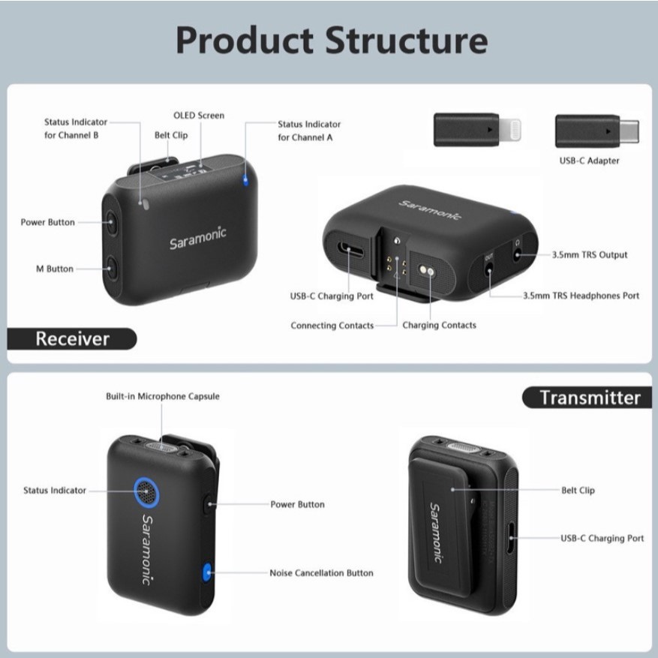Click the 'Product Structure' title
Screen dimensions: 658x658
(332, 41)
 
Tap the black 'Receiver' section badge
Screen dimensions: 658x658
(72, 338)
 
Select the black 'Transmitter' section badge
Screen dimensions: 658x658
(587, 398)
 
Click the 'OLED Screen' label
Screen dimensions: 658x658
(199, 116)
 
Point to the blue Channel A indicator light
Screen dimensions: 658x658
(245, 181)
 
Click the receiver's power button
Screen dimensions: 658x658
(111, 221)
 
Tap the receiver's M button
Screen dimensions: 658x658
(111, 268)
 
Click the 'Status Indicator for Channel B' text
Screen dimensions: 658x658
(76, 128)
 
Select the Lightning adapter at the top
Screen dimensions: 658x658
(477, 130)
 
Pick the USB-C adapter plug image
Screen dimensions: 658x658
(597, 131)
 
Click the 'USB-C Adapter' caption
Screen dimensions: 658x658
(589, 161)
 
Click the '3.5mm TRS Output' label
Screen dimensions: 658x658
(590, 255)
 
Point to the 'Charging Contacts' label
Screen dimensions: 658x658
(440, 325)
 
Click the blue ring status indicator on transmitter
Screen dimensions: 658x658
(146, 490)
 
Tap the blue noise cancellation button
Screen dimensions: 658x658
(207, 572)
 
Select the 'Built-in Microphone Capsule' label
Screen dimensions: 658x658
(163, 397)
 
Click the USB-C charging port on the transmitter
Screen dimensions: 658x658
(511, 538)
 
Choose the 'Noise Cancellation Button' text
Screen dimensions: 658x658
(321, 572)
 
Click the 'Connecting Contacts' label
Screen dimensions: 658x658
(332, 326)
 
